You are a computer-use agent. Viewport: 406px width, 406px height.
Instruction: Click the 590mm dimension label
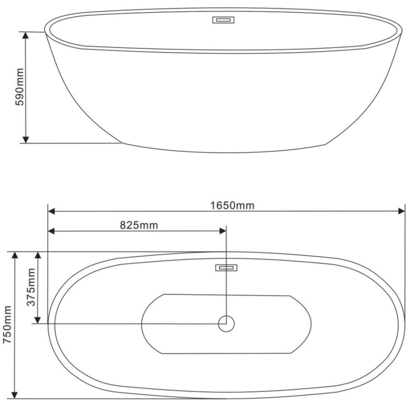[x=19, y=87]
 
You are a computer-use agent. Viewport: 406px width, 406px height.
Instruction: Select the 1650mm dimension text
[x=232, y=206]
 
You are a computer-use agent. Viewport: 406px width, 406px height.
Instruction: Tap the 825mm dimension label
[x=139, y=225]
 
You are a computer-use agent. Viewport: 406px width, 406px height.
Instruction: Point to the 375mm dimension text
[x=31, y=287]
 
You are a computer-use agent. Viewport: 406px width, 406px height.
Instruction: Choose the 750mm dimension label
[x=7, y=325]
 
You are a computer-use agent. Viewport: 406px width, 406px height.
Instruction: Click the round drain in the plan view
[x=226, y=323]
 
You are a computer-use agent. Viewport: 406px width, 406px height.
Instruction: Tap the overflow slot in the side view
[x=223, y=20]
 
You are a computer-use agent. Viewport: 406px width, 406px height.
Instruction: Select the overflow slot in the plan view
[x=226, y=268]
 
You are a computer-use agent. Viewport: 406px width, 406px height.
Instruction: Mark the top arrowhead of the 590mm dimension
[x=25, y=35]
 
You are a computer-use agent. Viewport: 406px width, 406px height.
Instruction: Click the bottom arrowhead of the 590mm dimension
[x=25, y=139]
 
